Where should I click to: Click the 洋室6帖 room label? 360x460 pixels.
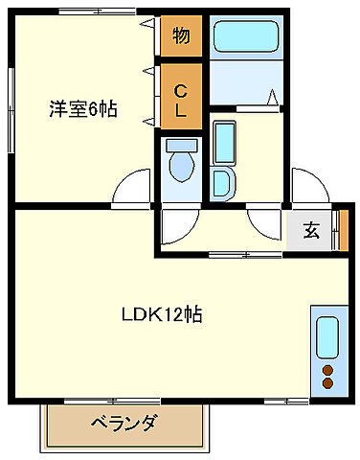(83, 108)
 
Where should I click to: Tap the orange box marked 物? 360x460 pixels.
(179, 36)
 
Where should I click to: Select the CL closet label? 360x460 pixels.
(179, 100)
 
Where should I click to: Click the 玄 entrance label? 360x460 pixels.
(312, 229)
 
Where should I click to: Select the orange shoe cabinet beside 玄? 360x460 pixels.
(337, 229)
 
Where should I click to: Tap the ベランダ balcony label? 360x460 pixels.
(124, 423)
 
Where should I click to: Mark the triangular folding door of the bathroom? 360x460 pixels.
(274, 98)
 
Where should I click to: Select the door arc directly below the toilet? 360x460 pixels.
(177, 225)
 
